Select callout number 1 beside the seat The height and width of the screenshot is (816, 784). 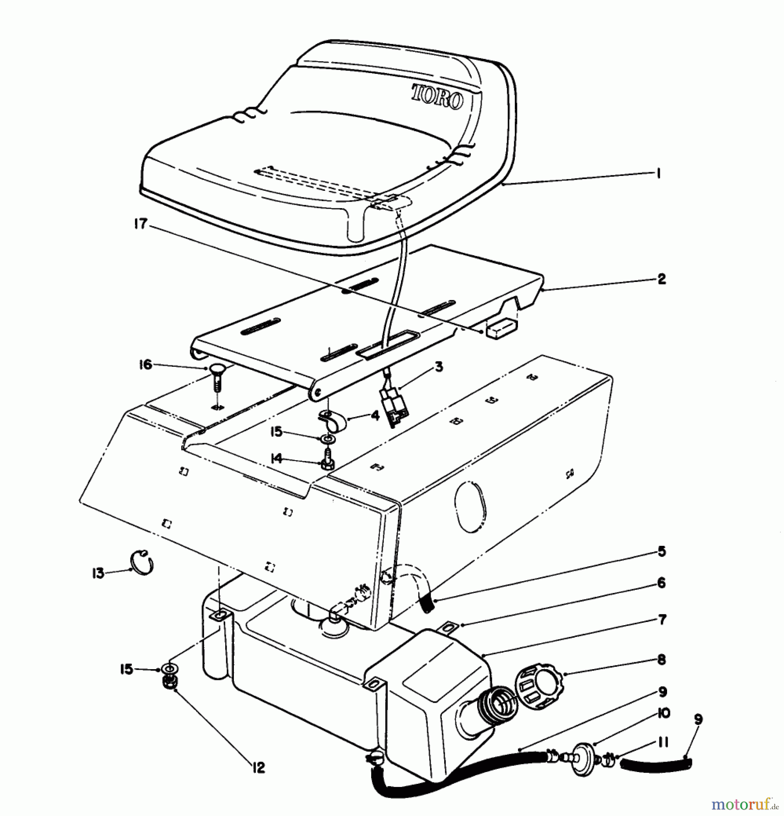pyautogui.click(x=658, y=173)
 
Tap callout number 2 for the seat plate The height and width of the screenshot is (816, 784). pyautogui.click(x=662, y=279)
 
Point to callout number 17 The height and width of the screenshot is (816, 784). pyautogui.click(x=141, y=223)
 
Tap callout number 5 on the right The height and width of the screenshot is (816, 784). pyautogui.click(x=662, y=552)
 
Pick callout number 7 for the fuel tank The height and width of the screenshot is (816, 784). pyautogui.click(x=662, y=619)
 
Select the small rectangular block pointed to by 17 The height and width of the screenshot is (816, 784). pyautogui.click(x=500, y=327)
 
